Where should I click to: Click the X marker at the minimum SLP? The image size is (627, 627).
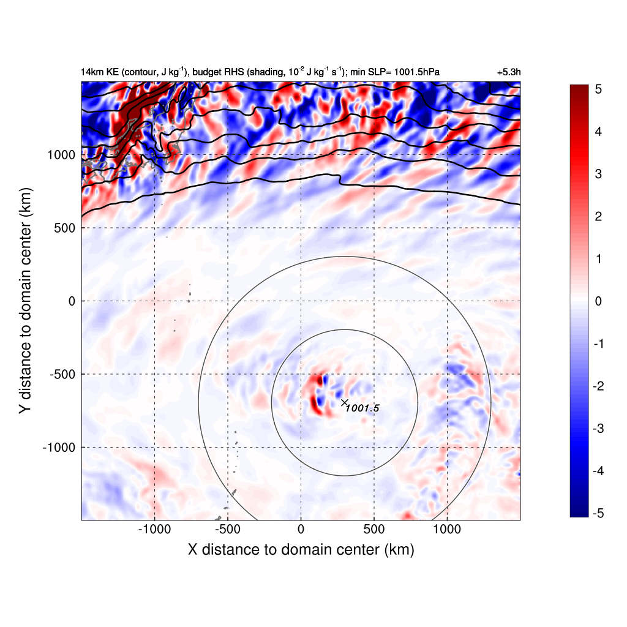coord(345,402)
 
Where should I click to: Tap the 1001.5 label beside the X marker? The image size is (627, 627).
coord(363,408)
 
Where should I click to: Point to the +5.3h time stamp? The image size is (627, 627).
coord(509,72)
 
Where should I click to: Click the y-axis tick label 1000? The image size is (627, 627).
coord(61,155)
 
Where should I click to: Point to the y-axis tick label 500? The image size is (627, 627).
coord(65,228)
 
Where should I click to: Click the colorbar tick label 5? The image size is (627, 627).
coord(598,89)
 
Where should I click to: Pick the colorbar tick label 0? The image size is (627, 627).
coord(598,301)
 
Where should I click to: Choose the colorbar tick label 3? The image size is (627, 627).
coord(598,174)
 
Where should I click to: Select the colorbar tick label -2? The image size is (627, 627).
coord(596,386)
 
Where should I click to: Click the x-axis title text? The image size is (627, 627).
coord(301,550)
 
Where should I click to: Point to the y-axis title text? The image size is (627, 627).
coord(24,301)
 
